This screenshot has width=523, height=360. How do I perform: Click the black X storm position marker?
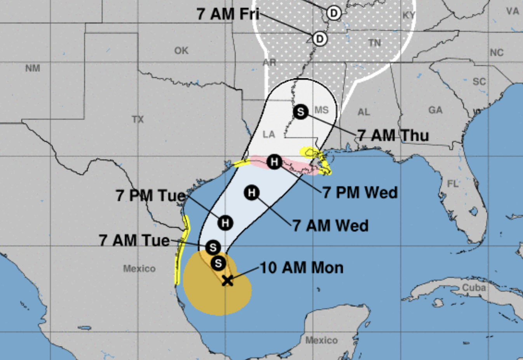(x=227, y=280)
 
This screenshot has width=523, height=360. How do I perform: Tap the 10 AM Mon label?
(x=302, y=268)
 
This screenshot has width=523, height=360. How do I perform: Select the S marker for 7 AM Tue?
(x=213, y=247)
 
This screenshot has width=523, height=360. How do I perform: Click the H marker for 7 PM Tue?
(x=225, y=223)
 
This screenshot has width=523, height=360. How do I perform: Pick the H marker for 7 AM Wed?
(x=252, y=192)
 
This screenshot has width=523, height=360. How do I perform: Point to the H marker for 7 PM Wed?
(x=274, y=161)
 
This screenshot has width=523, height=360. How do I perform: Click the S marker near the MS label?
(x=301, y=112)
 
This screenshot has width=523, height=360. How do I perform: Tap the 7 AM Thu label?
(x=393, y=136)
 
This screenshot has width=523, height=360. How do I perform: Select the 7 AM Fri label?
(x=228, y=14)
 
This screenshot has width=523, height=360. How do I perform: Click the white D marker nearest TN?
(x=320, y=38)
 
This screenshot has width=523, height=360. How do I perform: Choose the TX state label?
(x=138, y=119)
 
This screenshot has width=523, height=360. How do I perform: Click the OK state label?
(x=181, y=51)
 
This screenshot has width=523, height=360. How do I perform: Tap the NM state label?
(x=33, y=68)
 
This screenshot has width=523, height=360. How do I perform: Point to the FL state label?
(x=453, y=183)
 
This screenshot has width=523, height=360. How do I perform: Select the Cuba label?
(x=474, y=288)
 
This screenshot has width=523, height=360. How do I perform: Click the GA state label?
(x=435, y=110)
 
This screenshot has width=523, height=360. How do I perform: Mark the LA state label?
(x=269, y=135)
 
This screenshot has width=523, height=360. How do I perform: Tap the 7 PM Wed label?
(x=360, y=192)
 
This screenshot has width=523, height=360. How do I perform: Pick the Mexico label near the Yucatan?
(x=321, y=340)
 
